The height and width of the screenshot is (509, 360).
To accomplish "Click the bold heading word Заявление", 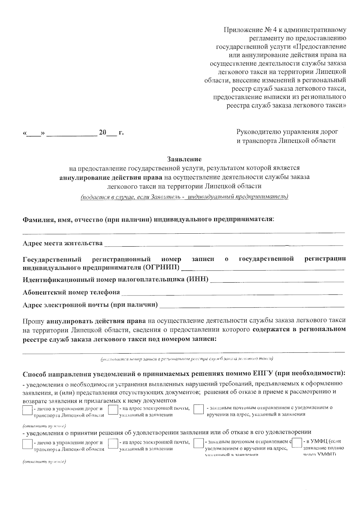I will tap(184, 159).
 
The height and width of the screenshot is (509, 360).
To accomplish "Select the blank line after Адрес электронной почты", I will tap(252, 306).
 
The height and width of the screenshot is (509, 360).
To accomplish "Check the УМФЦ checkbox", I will tap(297, 443).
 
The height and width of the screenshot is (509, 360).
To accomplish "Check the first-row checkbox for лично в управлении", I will tap(27, 410).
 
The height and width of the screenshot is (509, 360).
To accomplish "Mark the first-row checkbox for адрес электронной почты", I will tap(112, 410).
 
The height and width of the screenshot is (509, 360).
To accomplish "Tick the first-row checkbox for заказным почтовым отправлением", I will tap(199, 410).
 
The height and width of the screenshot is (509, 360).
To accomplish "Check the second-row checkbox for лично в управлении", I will tap(27, 444).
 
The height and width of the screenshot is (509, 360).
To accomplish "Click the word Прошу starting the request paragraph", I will tap(34, 320).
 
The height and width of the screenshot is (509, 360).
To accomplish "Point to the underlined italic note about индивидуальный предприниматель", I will tap(184, 197).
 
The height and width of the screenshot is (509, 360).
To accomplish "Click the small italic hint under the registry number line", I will tap(187, 359).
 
